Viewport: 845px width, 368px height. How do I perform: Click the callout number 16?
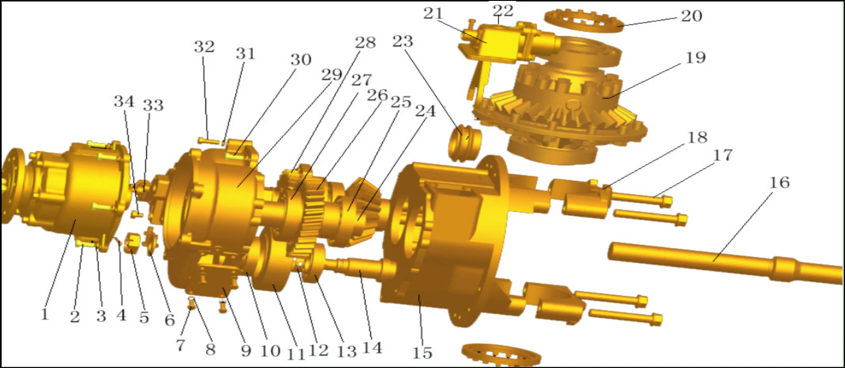point(779,183)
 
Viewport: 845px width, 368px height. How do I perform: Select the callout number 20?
point(691,16)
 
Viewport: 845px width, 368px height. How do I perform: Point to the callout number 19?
point(695,58)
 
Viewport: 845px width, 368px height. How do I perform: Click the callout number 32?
point(204,46)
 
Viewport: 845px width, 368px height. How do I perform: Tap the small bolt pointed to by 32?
point(208,140)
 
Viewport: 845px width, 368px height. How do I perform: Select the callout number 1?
point(44,314)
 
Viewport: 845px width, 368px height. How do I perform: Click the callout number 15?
point(422,353)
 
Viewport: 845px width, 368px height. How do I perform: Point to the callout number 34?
point(124,101)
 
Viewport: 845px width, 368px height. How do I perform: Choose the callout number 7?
point(180,345)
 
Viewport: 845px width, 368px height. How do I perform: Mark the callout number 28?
point(365,43)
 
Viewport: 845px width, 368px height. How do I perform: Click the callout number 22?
point(503,10)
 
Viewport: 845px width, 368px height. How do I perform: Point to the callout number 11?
point(296,353)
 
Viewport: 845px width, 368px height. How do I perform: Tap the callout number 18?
point(697,137)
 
